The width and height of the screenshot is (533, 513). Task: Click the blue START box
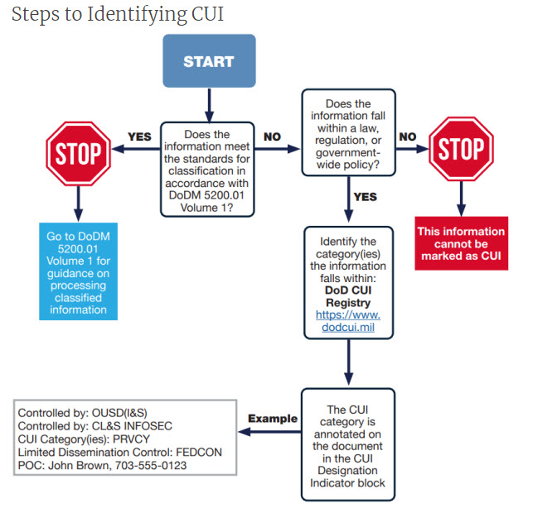coord(208,60)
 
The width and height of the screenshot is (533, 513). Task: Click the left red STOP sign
coord(78,152)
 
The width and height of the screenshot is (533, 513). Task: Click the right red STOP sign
coord(461,150)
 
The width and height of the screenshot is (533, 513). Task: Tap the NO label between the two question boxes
coord(272,135)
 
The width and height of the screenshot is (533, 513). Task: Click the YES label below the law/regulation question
coord(365,197)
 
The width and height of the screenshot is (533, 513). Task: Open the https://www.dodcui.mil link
coord(348,322)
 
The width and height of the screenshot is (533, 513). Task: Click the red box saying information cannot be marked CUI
coord(461,244)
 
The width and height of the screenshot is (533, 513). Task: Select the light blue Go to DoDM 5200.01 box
coord(78,272)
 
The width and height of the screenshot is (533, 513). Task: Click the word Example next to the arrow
coord(272,418)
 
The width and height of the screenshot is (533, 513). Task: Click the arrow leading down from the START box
coord(208,103)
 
